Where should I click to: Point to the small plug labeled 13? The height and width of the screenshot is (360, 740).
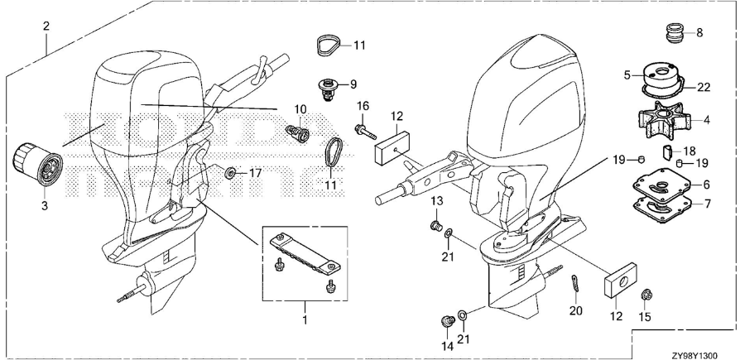tap(435, 225)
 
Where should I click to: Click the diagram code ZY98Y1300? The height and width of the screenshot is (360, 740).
tap(703, 352)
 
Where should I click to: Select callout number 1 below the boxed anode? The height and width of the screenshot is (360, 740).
tap(304, 318)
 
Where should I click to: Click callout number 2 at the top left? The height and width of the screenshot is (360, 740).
tap(46, 26)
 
